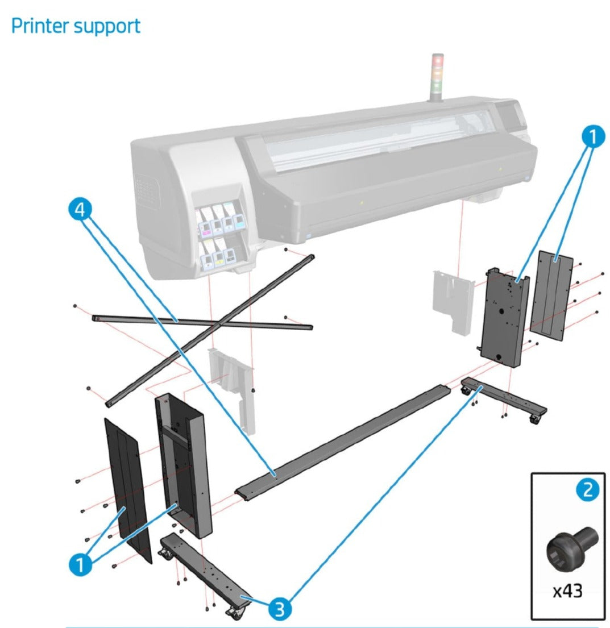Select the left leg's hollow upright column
(x=183, y=463)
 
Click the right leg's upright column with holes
(x=504, y=315)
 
